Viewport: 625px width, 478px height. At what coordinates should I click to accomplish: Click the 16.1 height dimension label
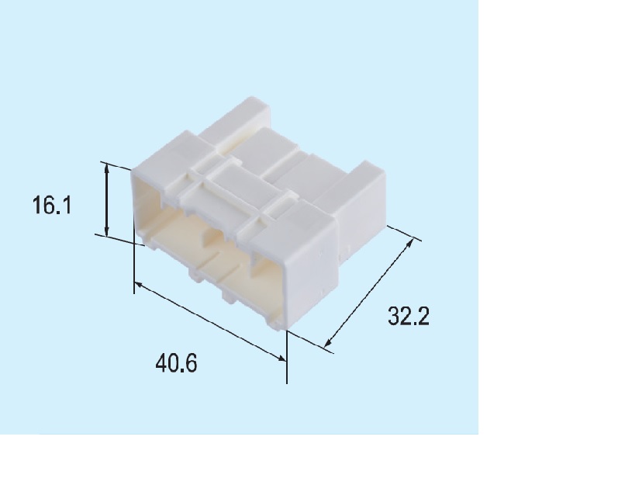coord(52,206)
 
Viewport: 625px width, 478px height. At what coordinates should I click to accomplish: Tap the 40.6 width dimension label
coord(176,362)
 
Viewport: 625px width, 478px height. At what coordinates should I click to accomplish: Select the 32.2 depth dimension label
coord(409,317)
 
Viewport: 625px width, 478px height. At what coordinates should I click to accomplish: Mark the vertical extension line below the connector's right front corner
coord(287,357)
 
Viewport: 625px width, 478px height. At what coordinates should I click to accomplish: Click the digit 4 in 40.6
coord(160,362)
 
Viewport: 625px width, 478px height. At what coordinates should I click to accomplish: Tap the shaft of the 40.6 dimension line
coord(209,321)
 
